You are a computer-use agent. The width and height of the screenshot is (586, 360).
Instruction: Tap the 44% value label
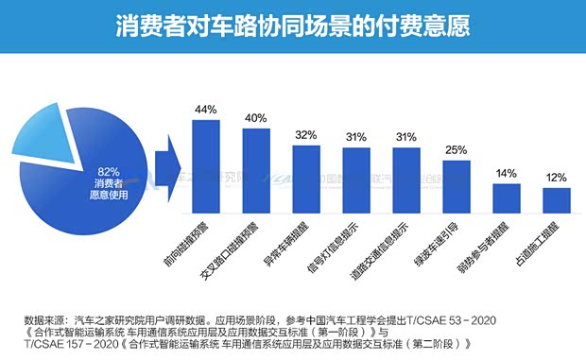click(205, 110)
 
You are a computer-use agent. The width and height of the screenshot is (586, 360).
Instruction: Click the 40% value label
click(255, 118)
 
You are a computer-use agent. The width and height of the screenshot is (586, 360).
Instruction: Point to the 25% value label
click(457, 150)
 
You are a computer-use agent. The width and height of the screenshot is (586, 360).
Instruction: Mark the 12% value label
click(557, 178)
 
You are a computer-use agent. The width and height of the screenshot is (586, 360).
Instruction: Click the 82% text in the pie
click(108, 171)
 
